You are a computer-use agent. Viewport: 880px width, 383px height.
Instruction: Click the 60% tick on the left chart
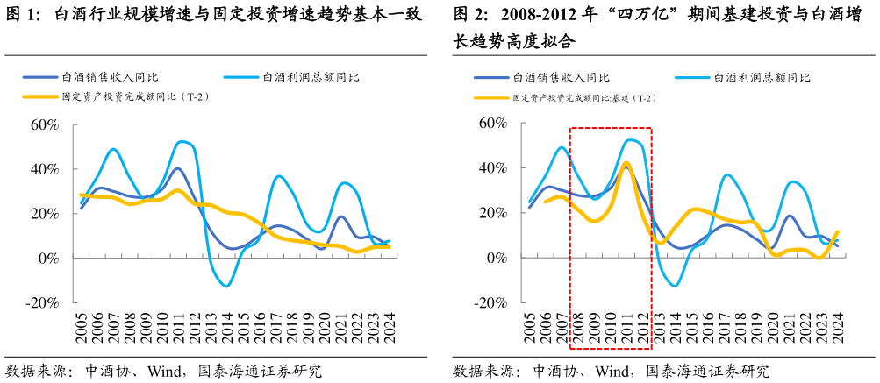coord(44,124)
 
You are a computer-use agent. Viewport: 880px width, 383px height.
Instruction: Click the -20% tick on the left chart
coord(41,303)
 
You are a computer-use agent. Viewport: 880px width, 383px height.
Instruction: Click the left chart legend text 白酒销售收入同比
coord(110,77)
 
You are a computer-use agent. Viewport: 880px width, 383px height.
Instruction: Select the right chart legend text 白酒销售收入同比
coord(561,77)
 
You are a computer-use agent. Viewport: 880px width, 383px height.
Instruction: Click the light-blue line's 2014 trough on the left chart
coord(227,286)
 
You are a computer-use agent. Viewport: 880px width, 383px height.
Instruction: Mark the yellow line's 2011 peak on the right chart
coord(626,163)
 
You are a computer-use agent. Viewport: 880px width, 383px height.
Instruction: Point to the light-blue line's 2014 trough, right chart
coord(675,285)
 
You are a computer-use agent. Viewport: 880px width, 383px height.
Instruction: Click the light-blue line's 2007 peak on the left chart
coord(113,149)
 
